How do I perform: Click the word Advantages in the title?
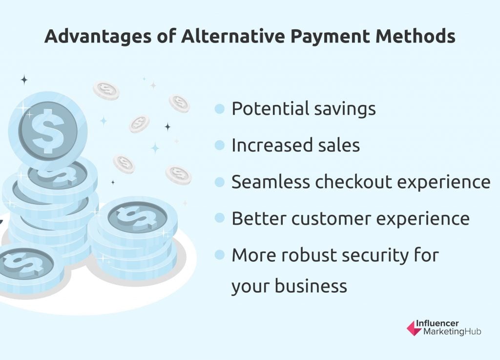98,36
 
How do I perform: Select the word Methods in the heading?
415,36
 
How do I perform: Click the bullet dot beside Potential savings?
220,109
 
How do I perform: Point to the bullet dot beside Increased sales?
220,146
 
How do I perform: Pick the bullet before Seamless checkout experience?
220,182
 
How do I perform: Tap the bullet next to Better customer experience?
220,218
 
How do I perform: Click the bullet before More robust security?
220,255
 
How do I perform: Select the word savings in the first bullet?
345,109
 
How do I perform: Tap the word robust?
305,255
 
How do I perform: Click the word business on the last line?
311,285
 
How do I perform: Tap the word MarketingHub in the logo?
452,332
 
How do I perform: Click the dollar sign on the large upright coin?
48,131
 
